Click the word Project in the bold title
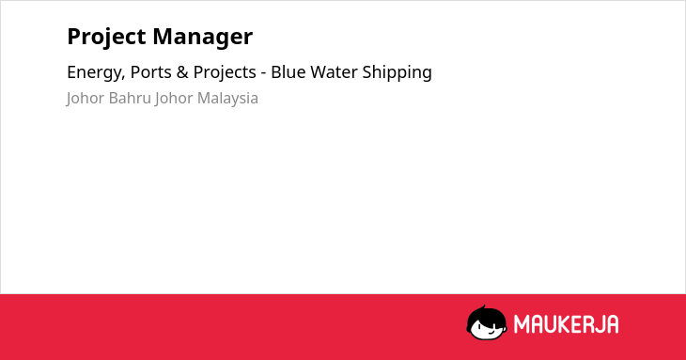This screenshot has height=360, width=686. point(106,37)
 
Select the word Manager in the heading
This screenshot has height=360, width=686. point(203,38)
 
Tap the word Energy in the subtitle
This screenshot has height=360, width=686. point(96,72)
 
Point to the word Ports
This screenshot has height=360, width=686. point(149,72)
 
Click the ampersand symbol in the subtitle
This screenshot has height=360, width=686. point(182,72)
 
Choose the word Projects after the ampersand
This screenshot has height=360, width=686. point(225,72)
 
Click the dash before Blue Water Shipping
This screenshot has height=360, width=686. point(263,73)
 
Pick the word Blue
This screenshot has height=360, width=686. point(288,71)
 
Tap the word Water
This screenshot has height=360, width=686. point(334,72)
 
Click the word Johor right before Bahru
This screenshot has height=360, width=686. point(85,99)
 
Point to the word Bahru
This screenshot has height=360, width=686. point(130,98)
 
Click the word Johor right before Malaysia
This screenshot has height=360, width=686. point(174,99)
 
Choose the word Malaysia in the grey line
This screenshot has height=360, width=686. point(227,99)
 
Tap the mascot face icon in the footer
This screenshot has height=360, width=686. point(487,323)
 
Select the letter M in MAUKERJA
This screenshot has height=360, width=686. point(521,324)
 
